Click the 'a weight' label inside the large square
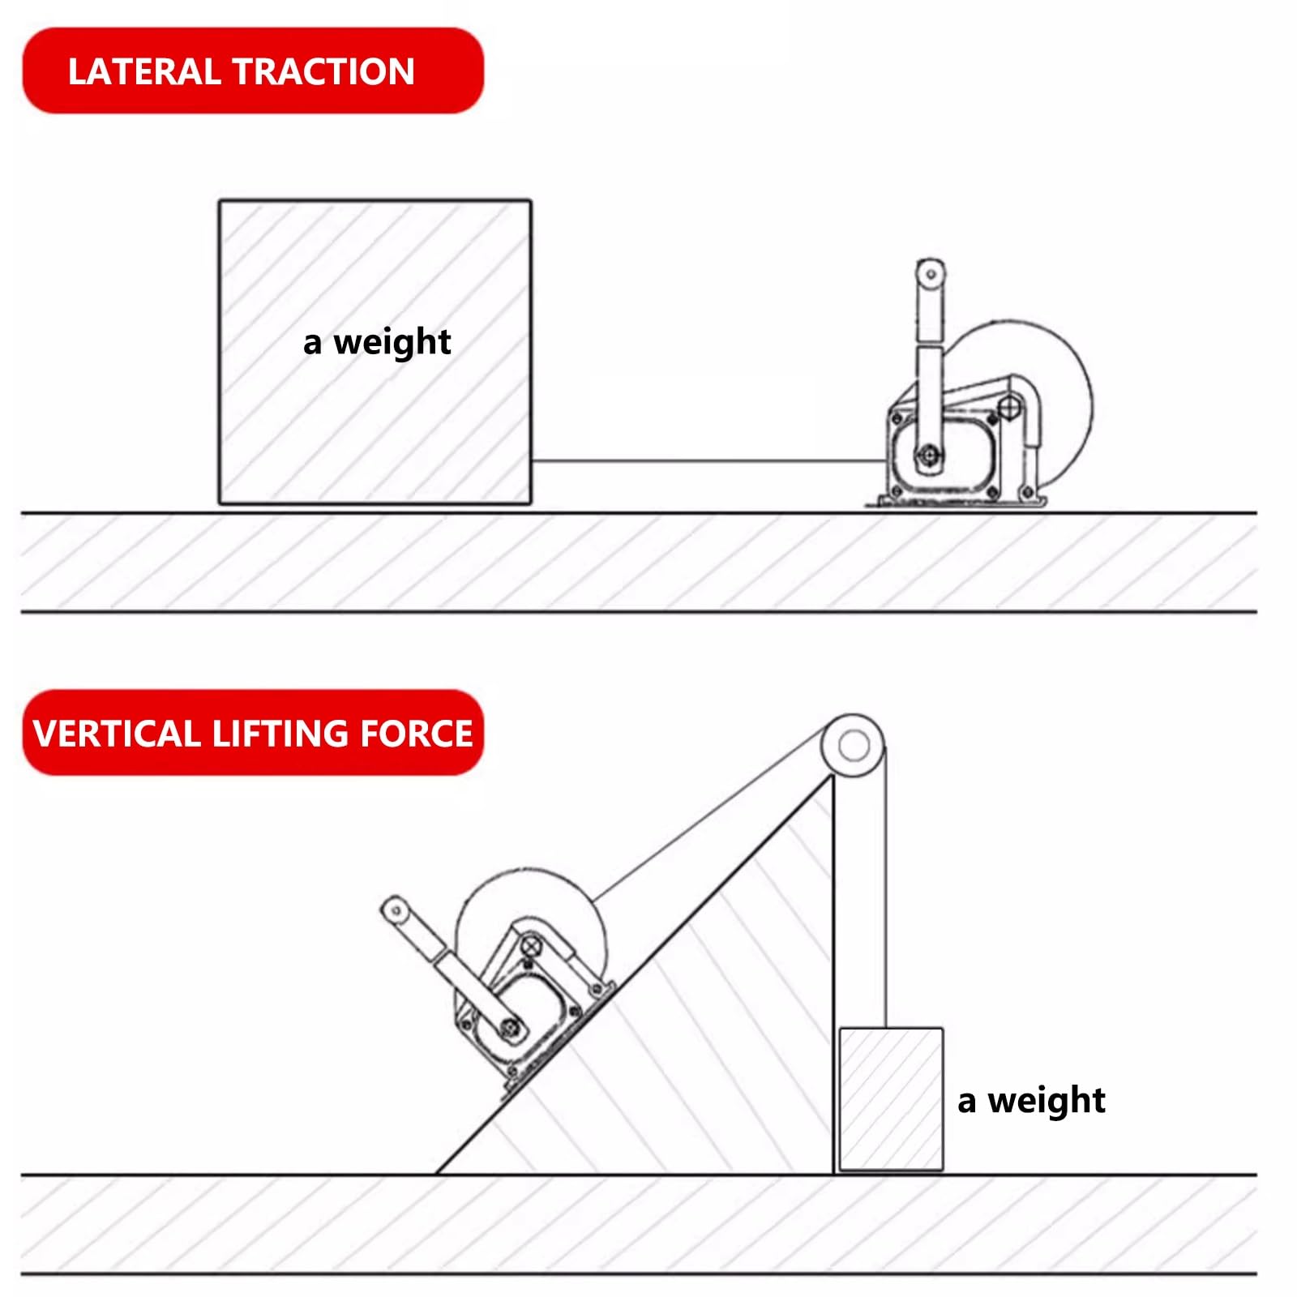pos(377,342)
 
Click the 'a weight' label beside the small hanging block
pos(1031,1101)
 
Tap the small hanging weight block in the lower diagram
pos(891,1099)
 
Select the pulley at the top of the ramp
pos(853,745)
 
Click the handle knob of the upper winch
pos(931,274)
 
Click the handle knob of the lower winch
pos(396,911)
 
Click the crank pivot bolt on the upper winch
pos(929,456)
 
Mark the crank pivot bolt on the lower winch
pos(512,1027)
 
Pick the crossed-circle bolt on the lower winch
pos(531,945)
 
